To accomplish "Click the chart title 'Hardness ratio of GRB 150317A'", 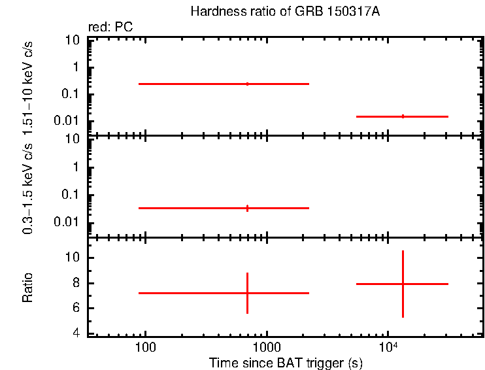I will click(x=284, y=12).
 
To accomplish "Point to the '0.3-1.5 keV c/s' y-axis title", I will click(x=29, y=186).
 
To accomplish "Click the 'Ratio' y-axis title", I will click(x=29, y=287).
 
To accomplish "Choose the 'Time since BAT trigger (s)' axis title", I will click(x=286, y=362).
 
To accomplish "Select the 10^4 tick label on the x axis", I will click(x=388, y=346).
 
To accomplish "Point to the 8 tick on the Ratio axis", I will click(x=76, y=283).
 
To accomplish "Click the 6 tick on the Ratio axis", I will click(x=76, y=309).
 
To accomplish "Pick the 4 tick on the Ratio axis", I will click(x=76, y=333).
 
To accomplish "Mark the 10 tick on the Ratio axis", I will click(x=73, y=258).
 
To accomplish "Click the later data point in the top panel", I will click(x=403, y=116).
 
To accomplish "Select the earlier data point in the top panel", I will click(x=247, y=84).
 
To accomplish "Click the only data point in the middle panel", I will click(x=247, y=208).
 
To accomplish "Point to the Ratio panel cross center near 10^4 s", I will click(x=403, y=284).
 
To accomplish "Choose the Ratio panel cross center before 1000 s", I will click(x=247, y=293).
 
